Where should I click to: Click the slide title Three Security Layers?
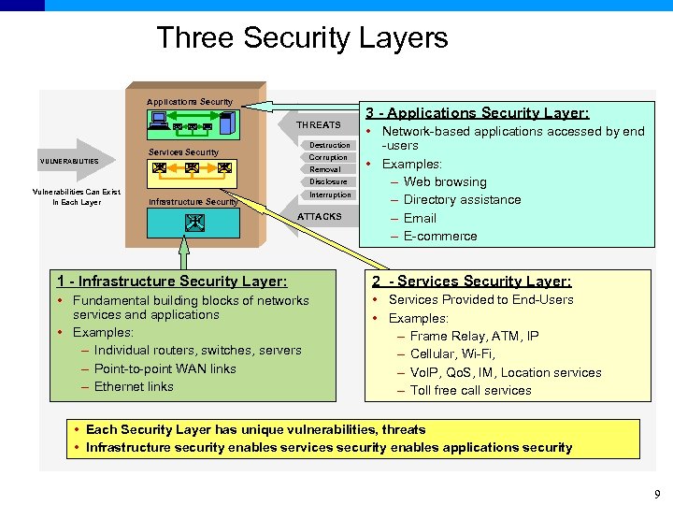point(302,38)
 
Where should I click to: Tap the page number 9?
point(657,494)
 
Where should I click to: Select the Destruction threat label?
point(329,145)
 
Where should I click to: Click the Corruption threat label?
point(327,157)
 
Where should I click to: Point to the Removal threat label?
point(325,169)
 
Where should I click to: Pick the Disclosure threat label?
point(328,181)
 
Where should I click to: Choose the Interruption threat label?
point(330,195)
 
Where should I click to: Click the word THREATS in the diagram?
point(319,124)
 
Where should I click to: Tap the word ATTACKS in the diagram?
point(319,217)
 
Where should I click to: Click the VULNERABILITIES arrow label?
point(69,161)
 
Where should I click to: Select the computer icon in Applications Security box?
point(158,119)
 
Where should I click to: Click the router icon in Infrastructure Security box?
point(194,222)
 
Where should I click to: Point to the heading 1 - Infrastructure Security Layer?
point(172,281)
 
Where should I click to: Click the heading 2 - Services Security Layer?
point(471,281)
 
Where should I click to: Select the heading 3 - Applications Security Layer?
point(477,112)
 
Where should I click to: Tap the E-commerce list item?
point(439,236)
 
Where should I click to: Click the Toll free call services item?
point(470,390)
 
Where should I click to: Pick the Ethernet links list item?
point(134,386)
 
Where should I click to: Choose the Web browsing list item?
point(444,181)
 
